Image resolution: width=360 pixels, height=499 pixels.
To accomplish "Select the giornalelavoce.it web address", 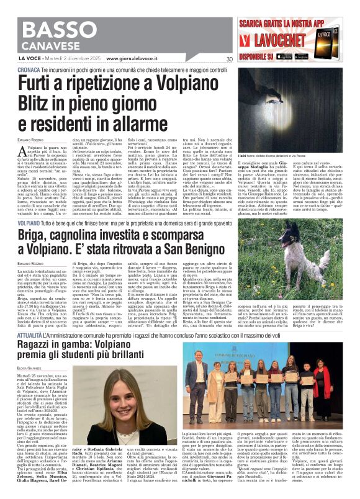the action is [133, 59].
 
